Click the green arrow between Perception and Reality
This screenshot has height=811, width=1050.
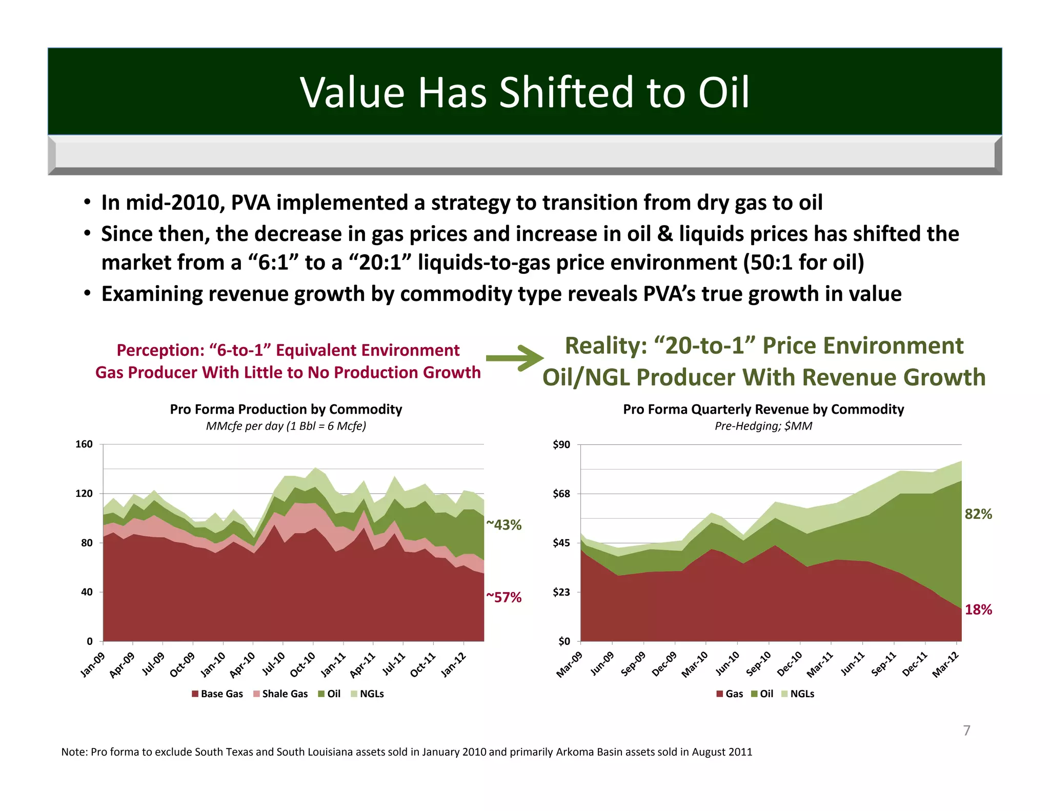[514, 358]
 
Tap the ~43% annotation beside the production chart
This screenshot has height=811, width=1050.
[503, 525]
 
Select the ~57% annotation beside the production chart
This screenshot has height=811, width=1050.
[503, 597]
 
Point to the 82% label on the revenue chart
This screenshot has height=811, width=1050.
[978, 514]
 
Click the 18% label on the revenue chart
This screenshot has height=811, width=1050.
[978, 610]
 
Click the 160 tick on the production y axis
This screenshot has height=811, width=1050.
[84, 444]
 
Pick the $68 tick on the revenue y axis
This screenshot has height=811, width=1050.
[561, 494]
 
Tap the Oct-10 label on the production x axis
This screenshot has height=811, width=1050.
[303, 664]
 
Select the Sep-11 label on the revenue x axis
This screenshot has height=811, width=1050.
[884, 664]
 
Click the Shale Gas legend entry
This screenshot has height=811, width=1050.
[280, 694]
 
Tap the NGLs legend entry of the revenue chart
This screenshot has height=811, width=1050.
[798, 694]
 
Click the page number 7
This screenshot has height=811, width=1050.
[966, 731]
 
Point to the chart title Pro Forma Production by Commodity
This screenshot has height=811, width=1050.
[286, 409]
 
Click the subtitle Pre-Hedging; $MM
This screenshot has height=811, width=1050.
[763, 426]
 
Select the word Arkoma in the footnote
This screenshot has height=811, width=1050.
[574, 752]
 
